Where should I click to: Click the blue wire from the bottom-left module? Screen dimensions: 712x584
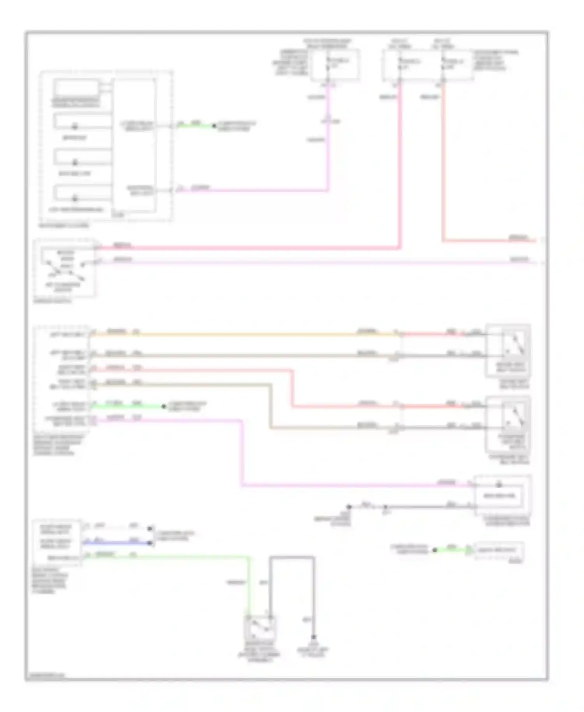117,543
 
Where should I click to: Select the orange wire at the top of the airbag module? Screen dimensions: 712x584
234,334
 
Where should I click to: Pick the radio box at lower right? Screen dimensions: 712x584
499,551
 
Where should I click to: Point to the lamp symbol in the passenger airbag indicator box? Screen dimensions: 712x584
499,485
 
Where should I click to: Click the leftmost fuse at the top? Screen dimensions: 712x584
328,64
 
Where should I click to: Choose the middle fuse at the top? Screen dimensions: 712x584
399,64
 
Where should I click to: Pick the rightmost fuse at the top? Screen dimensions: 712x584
443,64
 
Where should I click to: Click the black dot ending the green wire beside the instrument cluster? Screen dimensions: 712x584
214,126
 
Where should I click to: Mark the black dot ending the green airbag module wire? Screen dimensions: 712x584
164,406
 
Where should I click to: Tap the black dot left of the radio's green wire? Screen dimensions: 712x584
435,550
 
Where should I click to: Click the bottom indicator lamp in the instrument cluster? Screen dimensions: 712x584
75,199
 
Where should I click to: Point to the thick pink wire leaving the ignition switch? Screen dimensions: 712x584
249,248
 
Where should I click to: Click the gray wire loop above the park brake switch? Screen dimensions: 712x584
292,558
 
